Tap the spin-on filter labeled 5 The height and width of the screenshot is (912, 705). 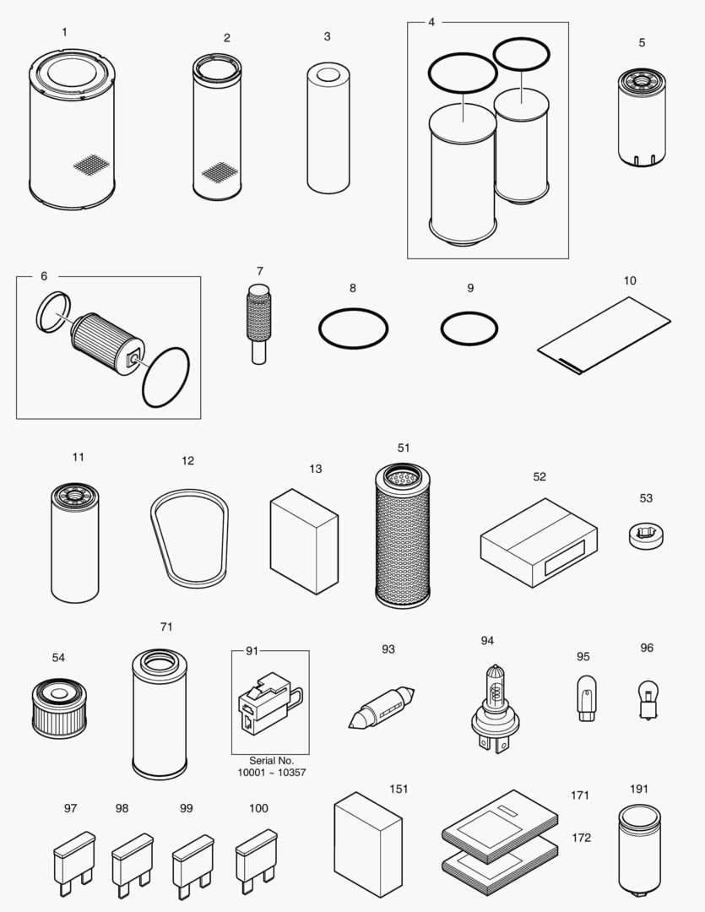tap(643, 117)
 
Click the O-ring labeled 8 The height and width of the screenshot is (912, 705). tap(353, 328)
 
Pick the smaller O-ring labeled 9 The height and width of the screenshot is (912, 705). tap(469, 328)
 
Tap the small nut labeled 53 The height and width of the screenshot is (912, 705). tap(647, 534)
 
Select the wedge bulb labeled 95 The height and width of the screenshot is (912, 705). tap(583, 698)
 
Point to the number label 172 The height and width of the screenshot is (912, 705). tap(581, 838)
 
